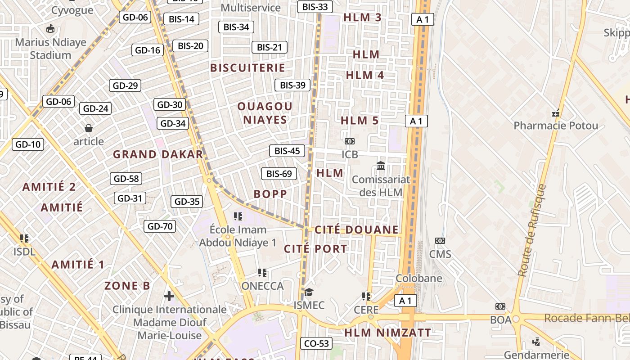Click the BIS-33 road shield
[x=315, y=7]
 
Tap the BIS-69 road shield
[x=279, y=174]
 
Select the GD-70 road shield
[x=160, y=226]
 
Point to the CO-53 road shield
[x=316, y=344]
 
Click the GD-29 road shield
[x=126, y=85]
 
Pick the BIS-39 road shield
[x=292, y=85]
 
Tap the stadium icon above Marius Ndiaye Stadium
[x=50, y=29]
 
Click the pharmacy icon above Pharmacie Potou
[x=556, y=113]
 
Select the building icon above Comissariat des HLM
[x=381, y=166]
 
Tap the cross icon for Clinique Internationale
[x=169, y=296]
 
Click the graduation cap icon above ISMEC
[x=309, y=292]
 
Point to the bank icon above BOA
[x=500, y=306]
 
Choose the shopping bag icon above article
[x=89, y=129]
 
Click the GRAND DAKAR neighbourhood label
[x=157, y=154]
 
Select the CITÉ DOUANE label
[x=356, y=230]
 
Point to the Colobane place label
[x=418, y=278]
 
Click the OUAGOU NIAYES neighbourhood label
[x=265, y=113]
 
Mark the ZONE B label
[x=127, y=286]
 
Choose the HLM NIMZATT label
[x=387, y=333]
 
